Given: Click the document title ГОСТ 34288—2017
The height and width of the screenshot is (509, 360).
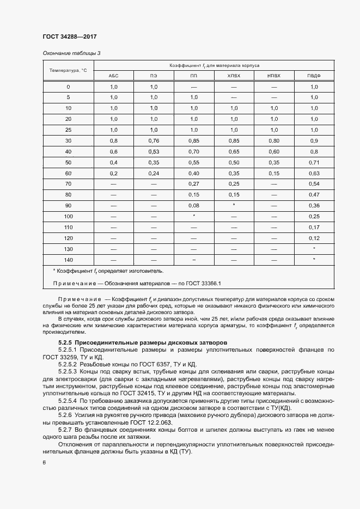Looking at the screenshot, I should pyautogui.click(x=69, y=37).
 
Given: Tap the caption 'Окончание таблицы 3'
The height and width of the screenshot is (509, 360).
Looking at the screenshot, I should pyautogui.click(x=71, y=53).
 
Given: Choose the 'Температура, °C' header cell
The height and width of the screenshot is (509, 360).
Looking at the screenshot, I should pyautogui.click(x=68, y=70).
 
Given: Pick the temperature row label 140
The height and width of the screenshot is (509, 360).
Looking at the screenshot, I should pyautogui.click(x=68, y=259).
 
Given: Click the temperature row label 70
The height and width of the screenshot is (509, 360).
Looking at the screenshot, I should pyautogui.click(x=68, y=183).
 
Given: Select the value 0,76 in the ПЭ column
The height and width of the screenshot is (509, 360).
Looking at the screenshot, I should pyautogui.click(x=154, y=140).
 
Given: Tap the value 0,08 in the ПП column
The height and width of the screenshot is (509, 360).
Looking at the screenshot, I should pyautogui.click(x=194, y=205).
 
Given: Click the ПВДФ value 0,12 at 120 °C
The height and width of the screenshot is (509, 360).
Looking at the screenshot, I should pyautogui.click(x=314, y=237).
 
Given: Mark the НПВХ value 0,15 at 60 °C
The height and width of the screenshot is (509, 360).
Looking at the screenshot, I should pyautogui.click(x=274, y=173).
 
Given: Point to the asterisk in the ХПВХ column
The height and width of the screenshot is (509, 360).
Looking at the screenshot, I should pyautogui.click(x=234, y=205).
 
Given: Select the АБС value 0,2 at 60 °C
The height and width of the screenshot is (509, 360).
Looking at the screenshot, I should pyautogui.click(x=114, y=173).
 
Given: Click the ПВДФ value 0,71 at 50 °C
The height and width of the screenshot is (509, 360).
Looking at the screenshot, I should pyautogui.click(x=314, y=162).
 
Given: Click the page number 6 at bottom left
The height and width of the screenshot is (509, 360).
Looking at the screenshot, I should pyautogui.click(x=44, y=462).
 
